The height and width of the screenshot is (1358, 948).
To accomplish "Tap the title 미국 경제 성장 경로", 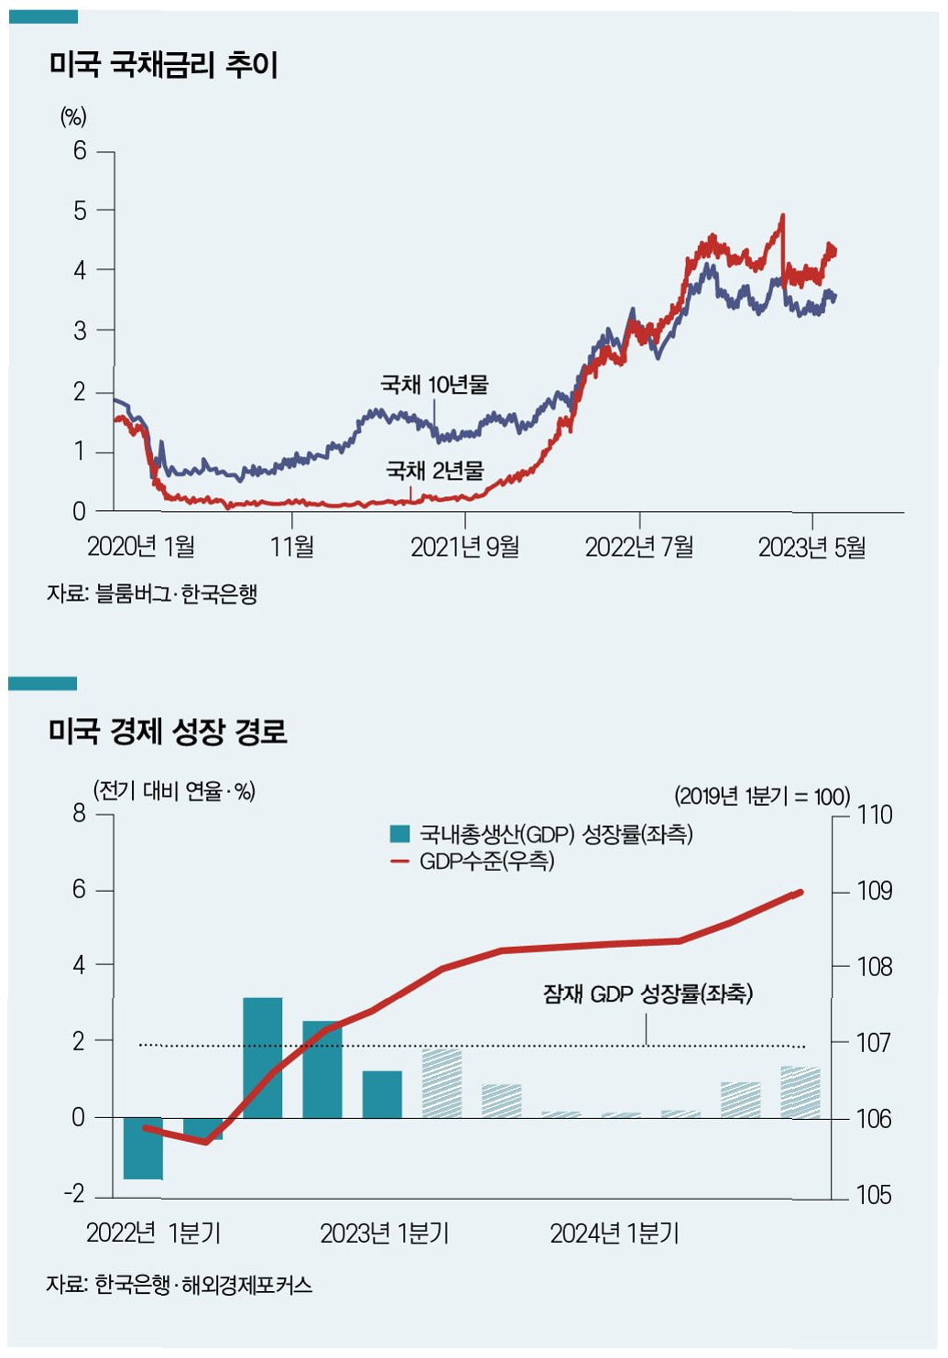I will [168, 732].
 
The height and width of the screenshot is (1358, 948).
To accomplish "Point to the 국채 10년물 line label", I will [434, 384].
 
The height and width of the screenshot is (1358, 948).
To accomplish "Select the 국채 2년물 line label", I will [434, 471].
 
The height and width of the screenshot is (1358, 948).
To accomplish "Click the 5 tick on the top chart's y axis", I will [81, 211].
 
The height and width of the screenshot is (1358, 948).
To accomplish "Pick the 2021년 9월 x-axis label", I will [464, 548].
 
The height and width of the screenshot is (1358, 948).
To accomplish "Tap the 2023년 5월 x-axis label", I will [812, 548].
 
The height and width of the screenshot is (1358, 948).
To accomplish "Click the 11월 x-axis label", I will [292, 548].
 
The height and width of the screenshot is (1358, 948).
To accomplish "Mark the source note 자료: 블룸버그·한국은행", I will [152, 593].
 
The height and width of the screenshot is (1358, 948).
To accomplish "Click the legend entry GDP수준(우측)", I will [486, 862].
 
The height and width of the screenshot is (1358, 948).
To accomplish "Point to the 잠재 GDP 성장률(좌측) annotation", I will [648, 994].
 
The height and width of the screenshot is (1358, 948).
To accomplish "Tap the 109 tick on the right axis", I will [874, 890].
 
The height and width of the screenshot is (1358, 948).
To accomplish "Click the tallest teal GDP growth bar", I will [263, 1058].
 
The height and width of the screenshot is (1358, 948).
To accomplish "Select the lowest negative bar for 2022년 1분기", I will [143, 1148].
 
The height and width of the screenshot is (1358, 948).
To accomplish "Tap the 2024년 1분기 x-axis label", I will [615, 1233].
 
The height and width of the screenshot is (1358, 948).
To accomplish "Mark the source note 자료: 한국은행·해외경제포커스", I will [179, 1285].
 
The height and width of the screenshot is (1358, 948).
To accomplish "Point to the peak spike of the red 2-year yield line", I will [782, 217].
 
